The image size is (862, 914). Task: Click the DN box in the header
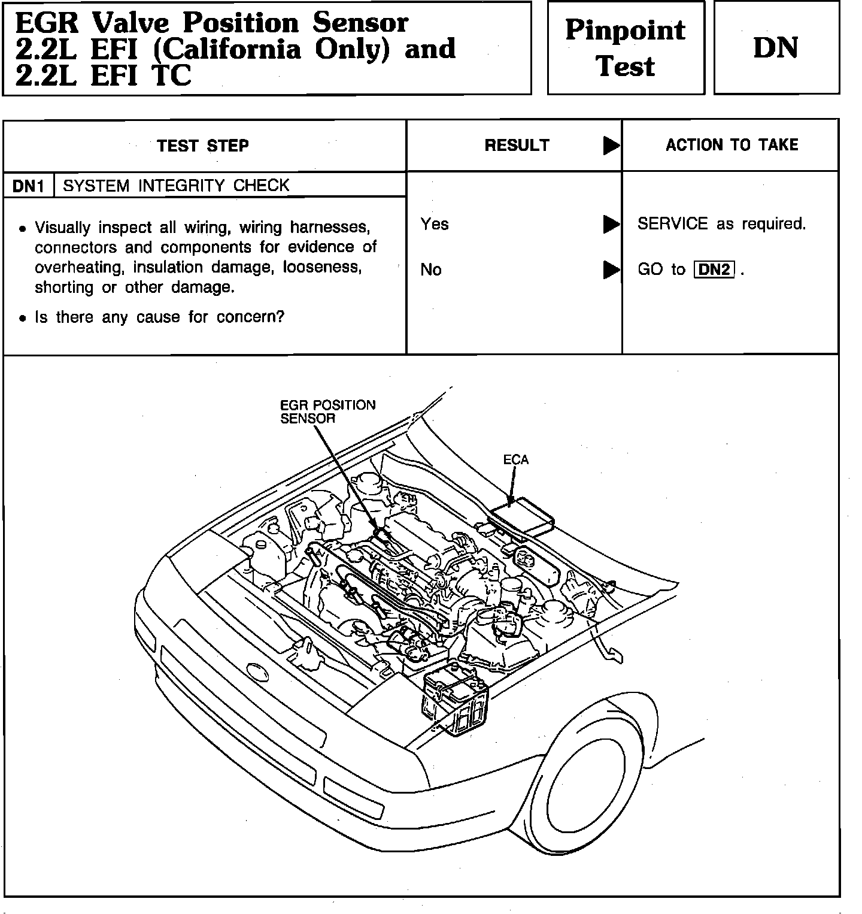point(776,48)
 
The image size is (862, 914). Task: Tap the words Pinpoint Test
point(625,48)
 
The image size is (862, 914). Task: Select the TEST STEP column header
point(202,146)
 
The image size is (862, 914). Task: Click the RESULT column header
point(517,146)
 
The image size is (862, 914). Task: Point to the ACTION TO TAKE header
point(732,145)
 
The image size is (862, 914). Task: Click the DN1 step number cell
point(29,186)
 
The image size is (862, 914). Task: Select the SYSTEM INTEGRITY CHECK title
point(176,186)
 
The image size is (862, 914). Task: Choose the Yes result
point(434,224)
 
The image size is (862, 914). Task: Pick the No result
point(431,270)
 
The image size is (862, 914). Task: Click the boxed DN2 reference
point(714,270)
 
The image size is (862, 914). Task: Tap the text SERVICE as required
point(721,224)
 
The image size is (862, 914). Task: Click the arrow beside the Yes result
point(611,224)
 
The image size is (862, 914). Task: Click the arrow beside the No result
point(611,270)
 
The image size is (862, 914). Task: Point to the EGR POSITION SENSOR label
point(327,411)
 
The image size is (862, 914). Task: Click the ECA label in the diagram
point(515,459)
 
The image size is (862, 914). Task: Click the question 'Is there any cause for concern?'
point(159,317)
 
